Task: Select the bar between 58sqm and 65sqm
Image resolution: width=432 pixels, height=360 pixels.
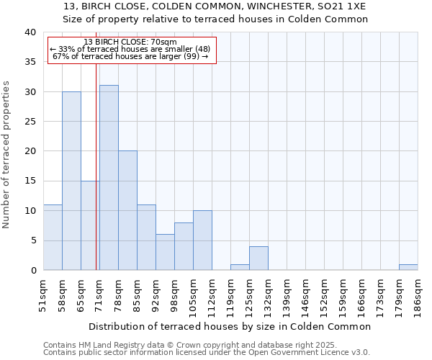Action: coord(71,181)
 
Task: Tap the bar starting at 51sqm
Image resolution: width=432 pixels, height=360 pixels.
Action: coord(53,238)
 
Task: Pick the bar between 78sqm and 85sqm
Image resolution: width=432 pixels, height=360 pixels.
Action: coord(127,210)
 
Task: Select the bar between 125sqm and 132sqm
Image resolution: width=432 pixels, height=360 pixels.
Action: coord(258,258)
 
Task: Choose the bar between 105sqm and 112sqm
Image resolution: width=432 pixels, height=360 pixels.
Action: coord(202,240)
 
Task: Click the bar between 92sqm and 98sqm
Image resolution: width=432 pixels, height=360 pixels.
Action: coord(165,252)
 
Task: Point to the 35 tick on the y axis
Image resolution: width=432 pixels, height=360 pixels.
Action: coord(31,62)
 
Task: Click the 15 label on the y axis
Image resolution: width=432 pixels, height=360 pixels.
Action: coord(31,181)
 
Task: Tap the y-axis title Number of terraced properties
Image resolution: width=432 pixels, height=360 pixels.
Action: coord(6,154)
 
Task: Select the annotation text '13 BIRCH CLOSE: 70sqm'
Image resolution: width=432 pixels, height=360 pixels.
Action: coord(130,42)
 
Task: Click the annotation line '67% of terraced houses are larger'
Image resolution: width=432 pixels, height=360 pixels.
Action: coord(130,56)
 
